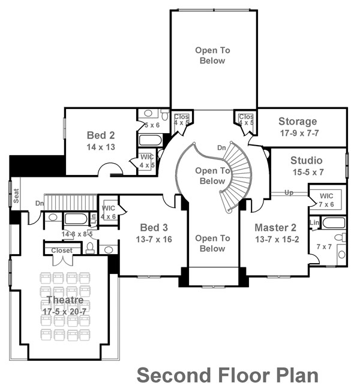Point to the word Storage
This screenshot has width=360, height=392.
tap(298, 122)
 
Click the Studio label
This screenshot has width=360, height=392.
tap(306, 160)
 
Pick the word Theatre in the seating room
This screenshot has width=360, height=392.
tap(64, 299)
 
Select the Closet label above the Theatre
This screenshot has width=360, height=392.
tap(62, 251)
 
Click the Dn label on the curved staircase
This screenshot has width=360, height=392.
tap(221, 147)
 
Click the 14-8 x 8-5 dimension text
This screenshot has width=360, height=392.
tap(77, 234)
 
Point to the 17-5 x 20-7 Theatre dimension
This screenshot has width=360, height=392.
tap(64, 312)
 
